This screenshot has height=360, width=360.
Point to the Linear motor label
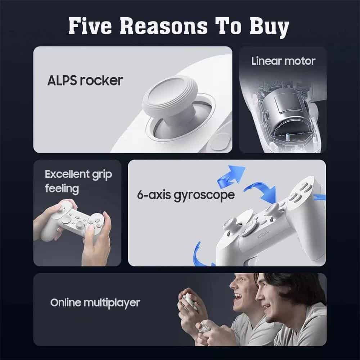(283, 61)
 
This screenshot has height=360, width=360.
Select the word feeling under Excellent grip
(62, 189)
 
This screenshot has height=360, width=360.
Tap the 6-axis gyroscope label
(186, 195)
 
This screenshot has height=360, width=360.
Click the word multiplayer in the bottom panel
(112, 303)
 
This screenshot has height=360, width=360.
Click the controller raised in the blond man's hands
(188, 298)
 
